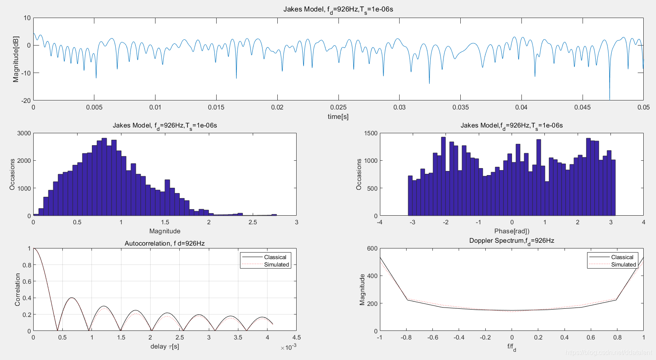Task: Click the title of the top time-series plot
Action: [338, 9]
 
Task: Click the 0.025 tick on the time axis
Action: [338, 107]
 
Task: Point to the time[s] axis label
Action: [338, 116]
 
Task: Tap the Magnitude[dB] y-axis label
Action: [16, 59]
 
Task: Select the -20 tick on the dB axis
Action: [26, 100]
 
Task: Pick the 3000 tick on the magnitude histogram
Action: [24, 133]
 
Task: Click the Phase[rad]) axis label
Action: [512, 231]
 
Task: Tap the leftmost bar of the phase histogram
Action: [410, 196]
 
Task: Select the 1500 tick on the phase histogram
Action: [370, 133]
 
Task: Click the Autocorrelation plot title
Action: [165, 244]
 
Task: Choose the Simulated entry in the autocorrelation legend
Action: [276, 264]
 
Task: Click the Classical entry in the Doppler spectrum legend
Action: [622, 257]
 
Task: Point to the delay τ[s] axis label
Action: [165, 346]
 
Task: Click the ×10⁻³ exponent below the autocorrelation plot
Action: [288, 348]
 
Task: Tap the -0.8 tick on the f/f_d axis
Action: [406, 337]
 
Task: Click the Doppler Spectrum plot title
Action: [512, 241]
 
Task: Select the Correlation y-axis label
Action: [18, 289]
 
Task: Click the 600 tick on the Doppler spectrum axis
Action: [372, 248]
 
